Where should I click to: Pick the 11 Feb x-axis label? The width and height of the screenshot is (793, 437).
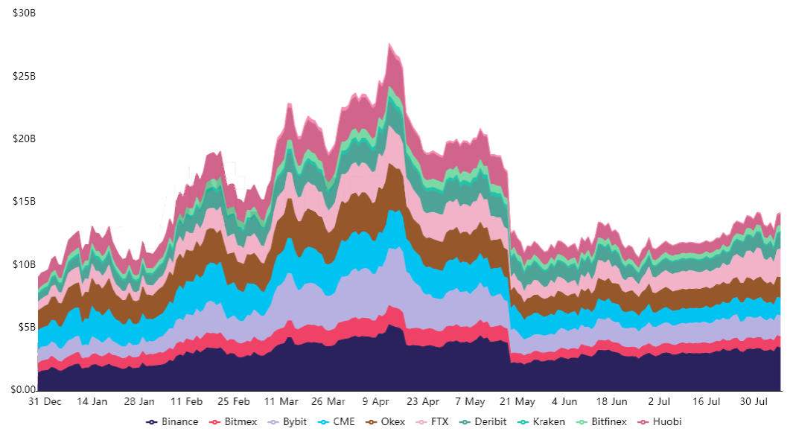pyautogui.click(x=188, y=401)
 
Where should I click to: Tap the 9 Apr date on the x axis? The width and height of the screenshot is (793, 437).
pyautogui.click(x=377, y=401)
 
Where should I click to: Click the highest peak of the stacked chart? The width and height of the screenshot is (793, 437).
pyautogui.click(x=389, y=44)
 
